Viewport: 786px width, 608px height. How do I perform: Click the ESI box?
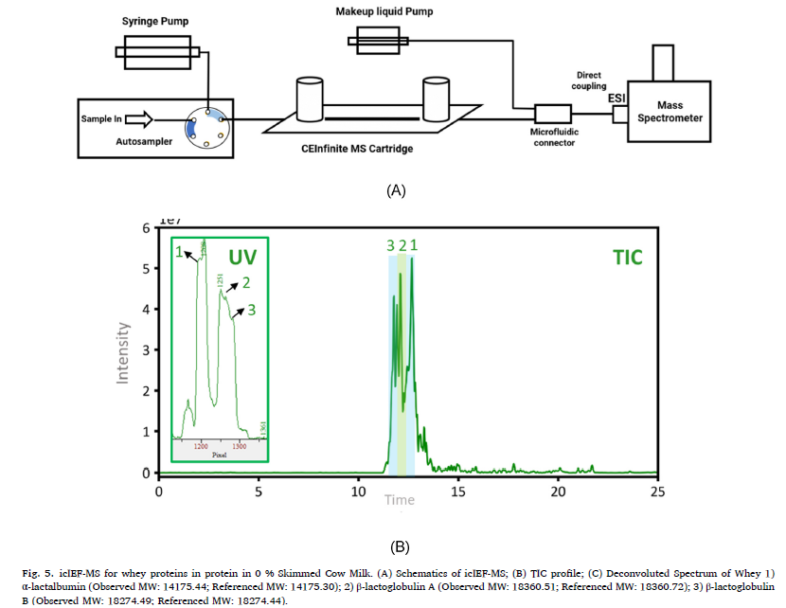click(x=621, y=114)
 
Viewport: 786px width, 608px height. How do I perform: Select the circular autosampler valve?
click(x=205, y=125)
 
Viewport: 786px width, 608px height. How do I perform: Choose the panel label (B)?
click(x=399, y=545)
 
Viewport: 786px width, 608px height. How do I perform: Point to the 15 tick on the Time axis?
click(x=458, y=492)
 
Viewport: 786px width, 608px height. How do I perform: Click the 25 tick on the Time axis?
click(x=658, y=492)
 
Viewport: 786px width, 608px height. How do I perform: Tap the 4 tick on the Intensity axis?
click(x=146, y=310)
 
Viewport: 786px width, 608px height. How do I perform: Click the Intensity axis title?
click(x=122, y=349)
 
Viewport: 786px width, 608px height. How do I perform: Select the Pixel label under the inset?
click(x=220, y=455)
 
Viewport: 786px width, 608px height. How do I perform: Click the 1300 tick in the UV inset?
click(x=239, y=445)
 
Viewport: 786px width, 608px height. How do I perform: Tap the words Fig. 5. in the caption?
click(x=37, y=573)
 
